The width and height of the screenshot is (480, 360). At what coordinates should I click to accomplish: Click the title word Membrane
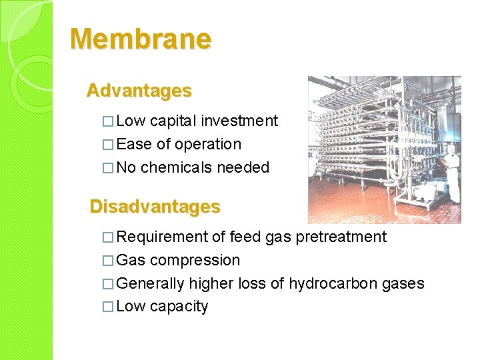click(141, 39)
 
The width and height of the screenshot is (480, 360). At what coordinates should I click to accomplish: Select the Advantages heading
click(139, 90)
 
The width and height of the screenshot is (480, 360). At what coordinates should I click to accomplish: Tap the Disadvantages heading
click(155, 207)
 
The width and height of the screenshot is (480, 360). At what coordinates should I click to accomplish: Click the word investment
click(239, 121)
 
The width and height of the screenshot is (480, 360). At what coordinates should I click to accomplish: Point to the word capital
click(173, 121)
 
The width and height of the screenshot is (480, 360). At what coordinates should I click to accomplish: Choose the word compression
click(195, 260)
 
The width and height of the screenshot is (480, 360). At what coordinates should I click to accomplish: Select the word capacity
click(179, 307)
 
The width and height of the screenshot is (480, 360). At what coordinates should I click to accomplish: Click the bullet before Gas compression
click(109, 261)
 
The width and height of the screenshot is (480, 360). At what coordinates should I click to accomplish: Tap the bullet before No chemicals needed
click(109, 168)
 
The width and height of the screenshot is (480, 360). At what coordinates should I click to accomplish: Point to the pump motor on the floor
click(427, 193)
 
